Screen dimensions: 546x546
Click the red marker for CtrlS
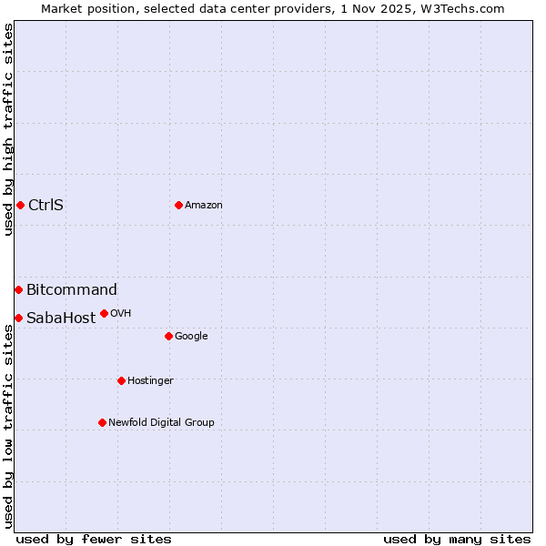pyautogui.click(x=20, y=205)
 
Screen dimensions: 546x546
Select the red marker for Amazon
pyautogui.click(x=178, y=205)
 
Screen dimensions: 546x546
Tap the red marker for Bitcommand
pyautogui.click(x=18, y=289)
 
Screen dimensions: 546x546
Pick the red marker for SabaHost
pyautogui.click(x=18, y=318)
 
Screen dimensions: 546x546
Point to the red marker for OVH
pyautogui.click(x=104, y=313)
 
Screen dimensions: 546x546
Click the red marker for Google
pyautogui.click(x=168, y=336)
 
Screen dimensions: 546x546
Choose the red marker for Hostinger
pyautogui.click(x=121, y=380)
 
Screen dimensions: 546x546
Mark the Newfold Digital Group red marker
pyautogui.click(x=102, y=422)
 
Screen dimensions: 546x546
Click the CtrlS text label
pyautogui.click(x=45, y=205)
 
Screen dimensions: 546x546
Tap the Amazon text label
pyautogui.click(x=204, y=205)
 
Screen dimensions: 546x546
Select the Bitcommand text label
pyautogui.click(x=72, y=289)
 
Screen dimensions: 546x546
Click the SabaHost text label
pyautogui.click(x=61, y=318)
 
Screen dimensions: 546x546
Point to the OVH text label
pyautogui.click(x=121, y=313)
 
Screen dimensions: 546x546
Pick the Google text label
pyautogui.click(x=191, y=336)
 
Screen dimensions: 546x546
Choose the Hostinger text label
pyautogui.click(x=150, y=380)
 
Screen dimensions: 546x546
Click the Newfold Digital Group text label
pyautogui.click(x=161, y=422)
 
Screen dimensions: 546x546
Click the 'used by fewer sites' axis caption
pyautogui.click(x=94, y=539)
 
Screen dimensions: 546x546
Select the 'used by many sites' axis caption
pyautogui.click(x=457, y=539)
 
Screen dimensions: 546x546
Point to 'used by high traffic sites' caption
pyautogui.click(x=8, y=129)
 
